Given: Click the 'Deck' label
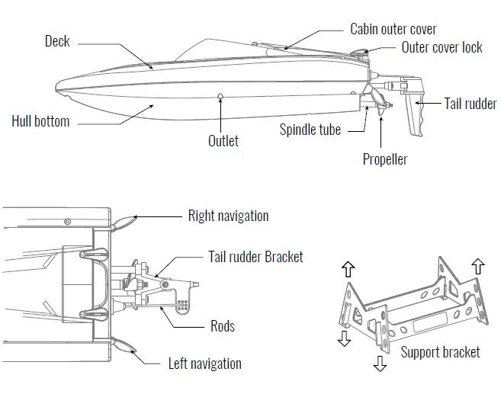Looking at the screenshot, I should pos(57,41).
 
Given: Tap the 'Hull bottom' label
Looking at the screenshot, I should pos(40,121).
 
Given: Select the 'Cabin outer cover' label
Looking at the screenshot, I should pos(393,29).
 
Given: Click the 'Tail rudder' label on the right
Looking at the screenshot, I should pos(470,103).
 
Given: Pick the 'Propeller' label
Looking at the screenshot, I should pos(384,159).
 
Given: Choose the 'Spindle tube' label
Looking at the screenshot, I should pos(310,130).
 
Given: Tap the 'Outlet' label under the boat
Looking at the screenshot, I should pos(223,140).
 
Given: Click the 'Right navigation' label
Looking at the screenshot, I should pos(228,216).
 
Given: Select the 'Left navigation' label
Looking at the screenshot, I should pos(204,364).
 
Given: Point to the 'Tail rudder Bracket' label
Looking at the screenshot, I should pos(255,256).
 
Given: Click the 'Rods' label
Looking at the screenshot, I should pos(222,326).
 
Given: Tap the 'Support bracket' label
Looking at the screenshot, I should pos(440,351).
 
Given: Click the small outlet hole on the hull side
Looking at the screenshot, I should pos(220,97).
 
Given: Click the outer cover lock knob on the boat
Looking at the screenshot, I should pos(359,56).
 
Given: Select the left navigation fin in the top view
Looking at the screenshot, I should pos(124,346).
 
